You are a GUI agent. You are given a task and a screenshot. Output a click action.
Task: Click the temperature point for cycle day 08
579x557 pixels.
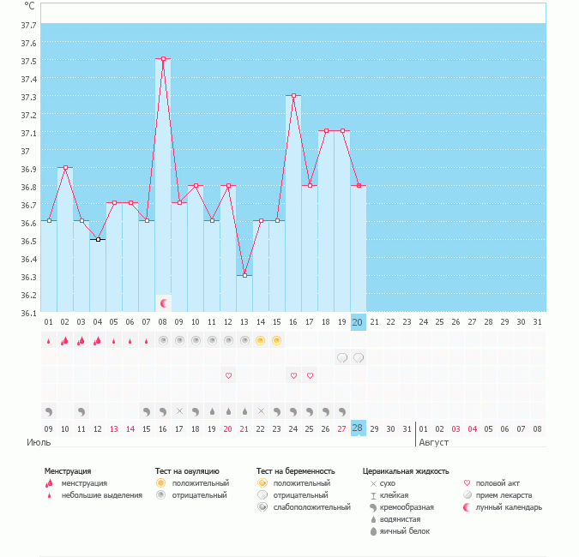point(163,59)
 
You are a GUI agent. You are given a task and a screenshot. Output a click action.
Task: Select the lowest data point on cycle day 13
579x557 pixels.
point(244,275)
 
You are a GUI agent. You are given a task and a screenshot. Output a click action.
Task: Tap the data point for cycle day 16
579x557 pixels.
point(293,96)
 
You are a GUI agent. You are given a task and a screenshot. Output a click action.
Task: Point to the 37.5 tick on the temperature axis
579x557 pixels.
point(29,61)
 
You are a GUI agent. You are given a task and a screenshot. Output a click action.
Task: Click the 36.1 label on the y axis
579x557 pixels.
point(29,313)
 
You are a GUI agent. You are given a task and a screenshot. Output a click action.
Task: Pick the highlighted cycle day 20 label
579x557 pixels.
point(359,322)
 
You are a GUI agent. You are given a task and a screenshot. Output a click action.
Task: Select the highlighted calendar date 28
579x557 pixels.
point(359,428)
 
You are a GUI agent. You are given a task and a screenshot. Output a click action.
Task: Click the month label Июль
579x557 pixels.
point(39,442)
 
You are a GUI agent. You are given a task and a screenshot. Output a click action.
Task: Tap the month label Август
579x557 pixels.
point(434,442)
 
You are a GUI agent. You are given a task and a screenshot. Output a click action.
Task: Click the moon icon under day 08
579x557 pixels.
point(163,303)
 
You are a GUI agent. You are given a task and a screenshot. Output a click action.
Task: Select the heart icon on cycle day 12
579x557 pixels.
point(228,375)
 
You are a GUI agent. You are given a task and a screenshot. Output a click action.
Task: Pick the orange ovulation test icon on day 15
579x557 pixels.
point(277,340)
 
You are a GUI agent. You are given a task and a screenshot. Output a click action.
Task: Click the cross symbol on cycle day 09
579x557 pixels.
point(179,411)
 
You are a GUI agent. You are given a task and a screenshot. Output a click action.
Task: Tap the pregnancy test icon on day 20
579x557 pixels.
point(359,357)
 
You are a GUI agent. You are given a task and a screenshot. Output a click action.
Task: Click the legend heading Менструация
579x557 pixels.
point(68,471)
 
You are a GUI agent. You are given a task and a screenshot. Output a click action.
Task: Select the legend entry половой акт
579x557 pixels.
point(498,483)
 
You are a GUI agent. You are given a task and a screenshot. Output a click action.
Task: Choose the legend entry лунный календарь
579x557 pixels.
point(510,507)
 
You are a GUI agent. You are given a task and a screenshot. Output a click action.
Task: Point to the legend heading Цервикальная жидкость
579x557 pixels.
point(406,471)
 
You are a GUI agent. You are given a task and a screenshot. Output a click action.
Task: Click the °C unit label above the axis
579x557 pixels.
point(30,5)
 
